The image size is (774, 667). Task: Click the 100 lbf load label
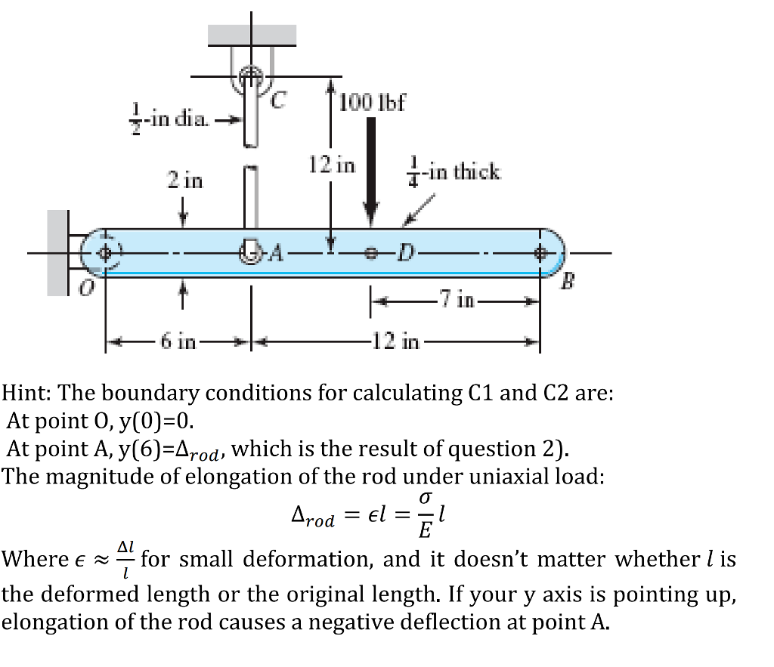[373, 101]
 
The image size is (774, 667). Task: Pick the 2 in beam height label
[184, 181]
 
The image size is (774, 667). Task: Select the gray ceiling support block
[252, 34]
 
